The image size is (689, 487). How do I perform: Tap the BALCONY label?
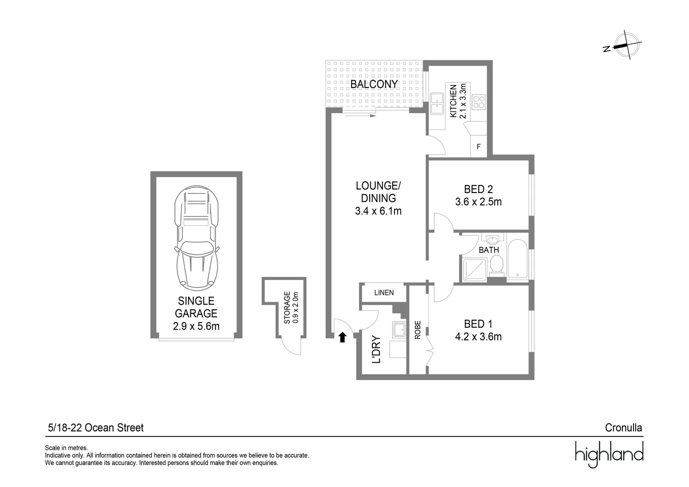[x=374, y=84]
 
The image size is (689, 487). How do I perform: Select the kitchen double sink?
[x=437, y=104]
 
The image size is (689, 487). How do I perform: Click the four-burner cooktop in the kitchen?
[x=479, y=102]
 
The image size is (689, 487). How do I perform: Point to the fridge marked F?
[x=478, y=147]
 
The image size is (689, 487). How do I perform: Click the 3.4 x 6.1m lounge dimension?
[x=378, y=211]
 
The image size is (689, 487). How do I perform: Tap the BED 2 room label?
[x=478, y=189]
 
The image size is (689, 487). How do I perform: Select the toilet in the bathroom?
[x=496, y=264]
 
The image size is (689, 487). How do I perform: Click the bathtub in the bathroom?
[x=518, y=259]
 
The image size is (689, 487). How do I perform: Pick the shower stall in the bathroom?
[x=475, y=270]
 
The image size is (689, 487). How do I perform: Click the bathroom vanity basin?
[x=493, y=239]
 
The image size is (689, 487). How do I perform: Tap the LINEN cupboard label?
[x=384, y=293]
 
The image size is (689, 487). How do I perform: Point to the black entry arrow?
[x=342, y=337]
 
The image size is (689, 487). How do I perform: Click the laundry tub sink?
[x=399, y=330]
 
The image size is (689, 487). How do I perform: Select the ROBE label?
[x=418, y=330]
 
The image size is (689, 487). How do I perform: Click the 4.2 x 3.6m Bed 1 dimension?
[x=478, y=336]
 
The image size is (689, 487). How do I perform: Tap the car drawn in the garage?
[x=197, y=238]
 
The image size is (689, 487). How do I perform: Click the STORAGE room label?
[x=287, y=308]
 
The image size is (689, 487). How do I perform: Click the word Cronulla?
[x=624, y=427]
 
